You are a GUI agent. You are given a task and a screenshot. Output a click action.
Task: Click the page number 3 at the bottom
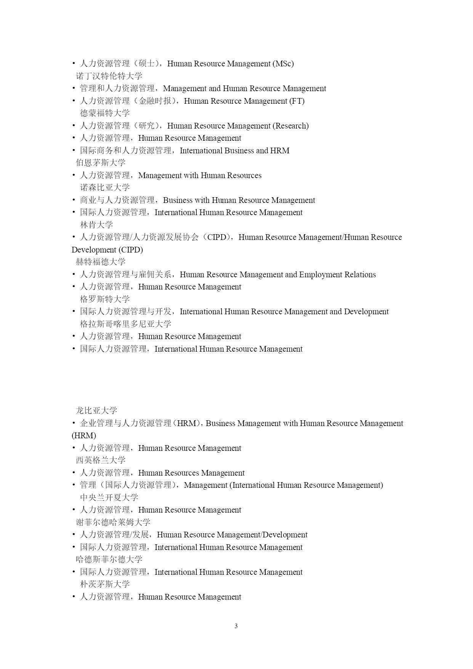pyautogui.click(x=236, y=626)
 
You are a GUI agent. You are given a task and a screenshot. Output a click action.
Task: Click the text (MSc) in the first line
pyautogui.click(x=283, y=64)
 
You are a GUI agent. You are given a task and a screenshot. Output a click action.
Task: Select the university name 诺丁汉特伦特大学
pyautogui.click(x=109, y=76)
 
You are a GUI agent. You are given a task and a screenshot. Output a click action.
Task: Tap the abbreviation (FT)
pyautogui.click(x=297, y=101)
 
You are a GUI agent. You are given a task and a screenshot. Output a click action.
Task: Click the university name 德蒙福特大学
pyautogui.click(x=105, y=113)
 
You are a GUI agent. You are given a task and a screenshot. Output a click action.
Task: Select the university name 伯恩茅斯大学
pyautogui.click(x=101, y=163)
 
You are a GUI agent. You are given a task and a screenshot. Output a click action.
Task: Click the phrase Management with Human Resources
pyautogui.click(x=200, y=175)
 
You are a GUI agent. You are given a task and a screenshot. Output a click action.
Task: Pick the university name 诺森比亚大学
pyautogui.click(x=105, y=188)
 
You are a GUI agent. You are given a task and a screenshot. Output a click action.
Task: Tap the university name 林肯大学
pyautogui.click(x=96, y=225)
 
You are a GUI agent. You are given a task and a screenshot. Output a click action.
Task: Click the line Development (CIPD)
pyautogui.click(x=107, y=250)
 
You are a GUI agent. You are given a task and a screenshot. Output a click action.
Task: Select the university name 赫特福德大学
pyautogui.click(x=101, y=262)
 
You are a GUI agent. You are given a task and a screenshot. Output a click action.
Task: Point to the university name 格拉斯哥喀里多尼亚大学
pyautogui.click(x=125, y=324)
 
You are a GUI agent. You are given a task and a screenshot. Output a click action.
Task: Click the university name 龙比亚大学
pyautogui.click(x=96, y=411)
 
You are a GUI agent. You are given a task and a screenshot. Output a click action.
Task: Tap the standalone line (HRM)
pyautogui.click(x=84, y=436)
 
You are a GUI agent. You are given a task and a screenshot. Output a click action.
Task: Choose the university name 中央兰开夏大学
pyautogui.click(x=109, y=498)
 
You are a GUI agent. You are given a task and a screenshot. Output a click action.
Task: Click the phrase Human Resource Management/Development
pyautogui.click(x=232, y=535)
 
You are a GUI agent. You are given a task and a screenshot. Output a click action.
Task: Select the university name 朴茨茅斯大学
pyautogui.click(x=105, y=584)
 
